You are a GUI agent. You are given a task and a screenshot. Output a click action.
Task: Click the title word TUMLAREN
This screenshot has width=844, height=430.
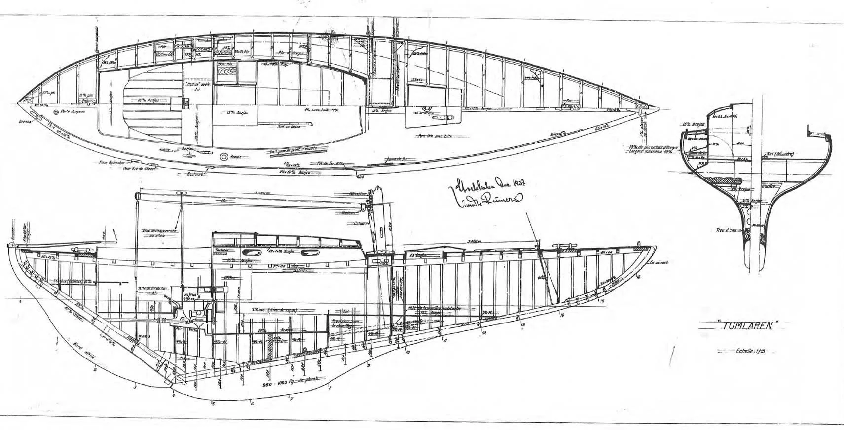click(749, 326)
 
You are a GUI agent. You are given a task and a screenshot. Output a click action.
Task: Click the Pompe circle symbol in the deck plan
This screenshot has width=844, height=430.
click(223, 157)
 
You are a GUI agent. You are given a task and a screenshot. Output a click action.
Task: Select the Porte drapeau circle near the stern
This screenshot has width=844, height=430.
click(56, 112)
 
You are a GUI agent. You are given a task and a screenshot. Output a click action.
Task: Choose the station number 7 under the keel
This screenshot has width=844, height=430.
click(292, 399)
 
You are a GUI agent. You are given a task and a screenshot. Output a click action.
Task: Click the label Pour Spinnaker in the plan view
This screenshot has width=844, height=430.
click(110, 162)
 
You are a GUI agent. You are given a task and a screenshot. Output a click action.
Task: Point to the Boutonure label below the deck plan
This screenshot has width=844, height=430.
click(196, 174)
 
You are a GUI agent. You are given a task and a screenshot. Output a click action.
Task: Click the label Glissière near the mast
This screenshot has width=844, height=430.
click(357, 194)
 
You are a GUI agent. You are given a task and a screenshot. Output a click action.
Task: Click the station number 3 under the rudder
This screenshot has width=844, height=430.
click(135, 388)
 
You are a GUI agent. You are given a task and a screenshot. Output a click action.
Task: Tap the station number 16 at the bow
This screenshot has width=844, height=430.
click(638, 277)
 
